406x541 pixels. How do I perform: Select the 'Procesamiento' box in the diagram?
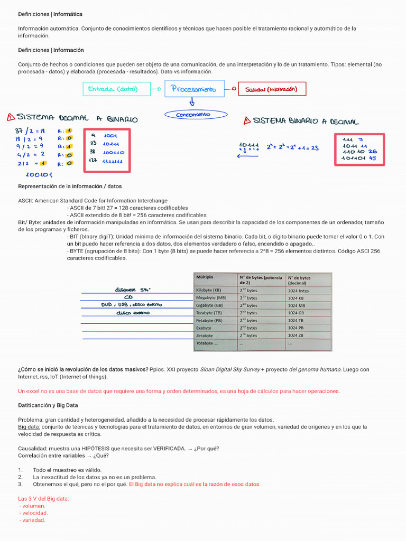tap(194, 89)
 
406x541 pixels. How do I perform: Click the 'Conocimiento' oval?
tap(196, 115)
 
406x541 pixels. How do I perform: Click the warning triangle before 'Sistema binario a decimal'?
tap(247, 121)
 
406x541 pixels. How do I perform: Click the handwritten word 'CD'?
tap(128, 297)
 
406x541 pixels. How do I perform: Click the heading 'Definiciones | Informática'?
tap(50, 14)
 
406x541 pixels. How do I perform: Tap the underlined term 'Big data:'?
tap(29, 426)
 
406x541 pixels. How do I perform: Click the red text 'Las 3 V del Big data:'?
tap(43, 499)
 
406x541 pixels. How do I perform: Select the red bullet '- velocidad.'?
tap(33, 513)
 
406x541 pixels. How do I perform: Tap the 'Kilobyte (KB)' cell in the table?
tap(208, 290)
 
